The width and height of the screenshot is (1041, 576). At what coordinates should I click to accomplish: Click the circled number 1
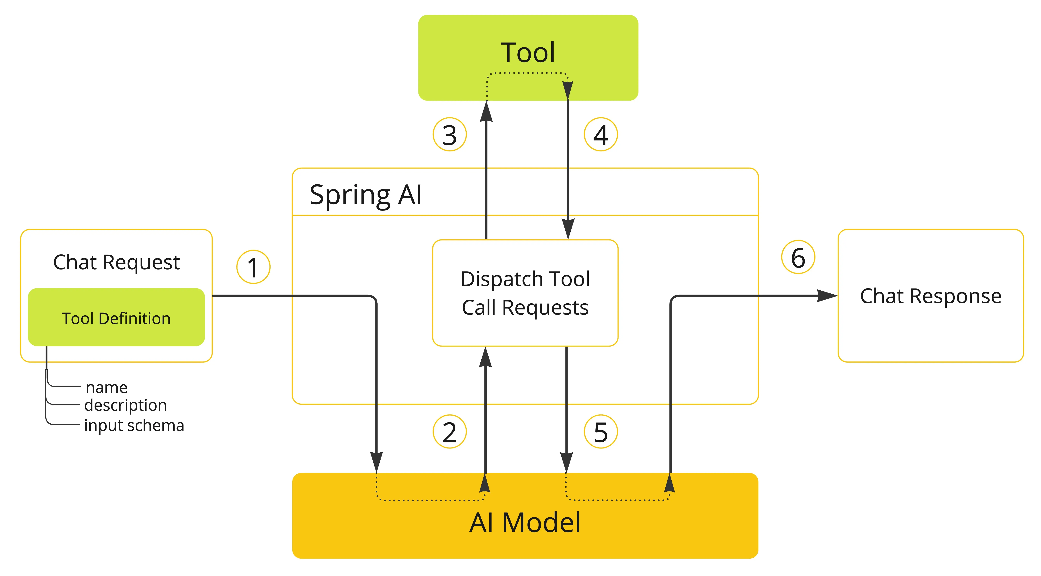coord(253,267)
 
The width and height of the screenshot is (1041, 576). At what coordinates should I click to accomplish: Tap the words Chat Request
coord(116,262)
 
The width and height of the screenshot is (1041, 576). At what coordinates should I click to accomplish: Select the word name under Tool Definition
coord(107,388)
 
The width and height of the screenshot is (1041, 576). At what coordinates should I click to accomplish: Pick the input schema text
coord(134,425)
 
